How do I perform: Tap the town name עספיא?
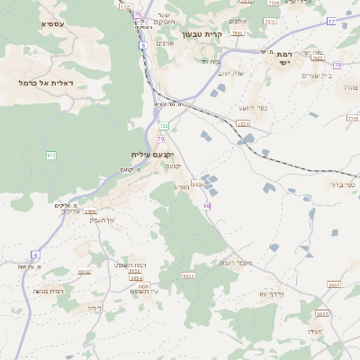point(52,23)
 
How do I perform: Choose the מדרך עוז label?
point(271,293)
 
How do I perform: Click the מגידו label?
point(309,332)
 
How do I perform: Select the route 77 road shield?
point(331,21)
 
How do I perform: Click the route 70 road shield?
point(160,139)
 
